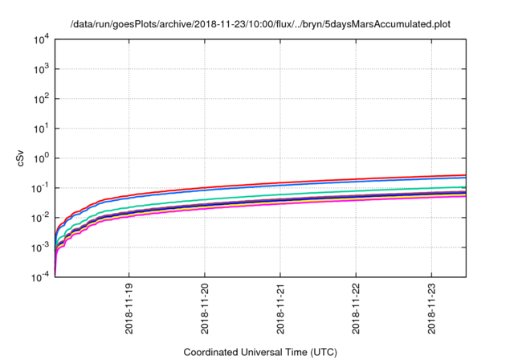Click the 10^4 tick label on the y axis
click(x=42, y=39)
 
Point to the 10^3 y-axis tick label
click(x=42, y=68)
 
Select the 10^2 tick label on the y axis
click(x=42, y=98)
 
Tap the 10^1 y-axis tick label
click(x=42, y=128)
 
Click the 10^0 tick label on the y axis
click(x=42, y=157)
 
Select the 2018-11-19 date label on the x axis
click(x=129, y=309)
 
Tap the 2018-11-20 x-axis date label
click(x=206, y=309)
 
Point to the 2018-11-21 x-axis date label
click(x=281, y=309)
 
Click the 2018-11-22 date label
click(x=357, y=309)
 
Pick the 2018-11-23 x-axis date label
click(x=433, y=309)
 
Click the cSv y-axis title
click(x=21, y=157)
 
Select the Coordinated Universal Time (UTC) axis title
click(x=260, y=352)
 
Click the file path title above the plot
click(x=260, y=24)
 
